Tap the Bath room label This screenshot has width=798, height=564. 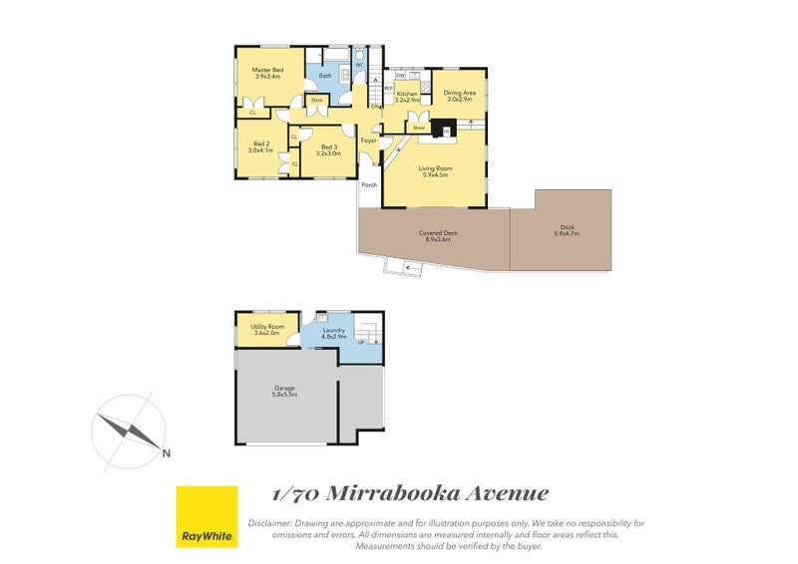(x=325, y=76)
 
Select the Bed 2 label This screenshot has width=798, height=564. (x=262, y=146)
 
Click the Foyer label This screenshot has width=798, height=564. (x=368, y=141)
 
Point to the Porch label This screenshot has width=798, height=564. (x=369, y=184)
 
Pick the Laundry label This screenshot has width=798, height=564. (x=333, y=333)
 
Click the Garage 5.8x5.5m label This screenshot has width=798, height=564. (x=285, y=392)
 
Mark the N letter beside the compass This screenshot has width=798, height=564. (x=166, y=453)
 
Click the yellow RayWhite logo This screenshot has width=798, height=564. (x=206, y=516)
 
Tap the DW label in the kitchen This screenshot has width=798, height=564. (x=400, y=76)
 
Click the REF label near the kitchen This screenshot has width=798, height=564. (x=389, y=88)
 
